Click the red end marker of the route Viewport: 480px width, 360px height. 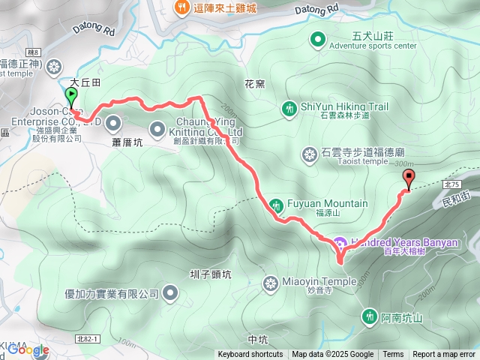tap(409, 178)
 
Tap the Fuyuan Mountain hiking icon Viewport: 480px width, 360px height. tap(276, 204)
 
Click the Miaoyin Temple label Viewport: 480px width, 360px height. tap(319, 282)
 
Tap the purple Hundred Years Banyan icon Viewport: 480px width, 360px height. tap(340, 243)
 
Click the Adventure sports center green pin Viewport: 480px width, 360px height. tap(318, 38)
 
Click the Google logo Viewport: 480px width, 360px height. tap(28, 349)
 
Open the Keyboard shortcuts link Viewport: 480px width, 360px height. tap(250, 355)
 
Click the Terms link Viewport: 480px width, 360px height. tap(393, 355)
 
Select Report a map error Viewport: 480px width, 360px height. tap(444, 355)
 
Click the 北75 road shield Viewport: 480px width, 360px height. tap(451, 183)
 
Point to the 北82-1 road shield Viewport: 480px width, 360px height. tap(86, 340)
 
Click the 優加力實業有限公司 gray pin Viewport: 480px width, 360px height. tap(171, 293)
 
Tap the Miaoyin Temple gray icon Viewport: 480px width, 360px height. tap(271, 283)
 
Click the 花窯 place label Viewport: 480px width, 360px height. tap(254, 84)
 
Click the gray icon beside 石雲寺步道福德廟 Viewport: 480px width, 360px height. tap(308, 155)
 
